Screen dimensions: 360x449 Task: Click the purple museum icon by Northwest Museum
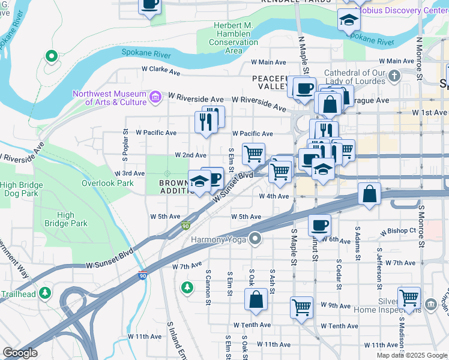click(155, 97)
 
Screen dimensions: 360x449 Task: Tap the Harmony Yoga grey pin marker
click(255, 239)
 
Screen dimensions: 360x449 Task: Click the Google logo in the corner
click(20, 353)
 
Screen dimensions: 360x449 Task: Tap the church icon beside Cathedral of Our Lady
click(394, 76)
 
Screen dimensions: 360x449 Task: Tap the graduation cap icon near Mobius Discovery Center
click(348, 20)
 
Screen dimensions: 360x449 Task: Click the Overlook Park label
click(107, 183)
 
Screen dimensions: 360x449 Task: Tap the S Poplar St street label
click(126, 144)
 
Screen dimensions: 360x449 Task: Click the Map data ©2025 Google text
click(412, 355)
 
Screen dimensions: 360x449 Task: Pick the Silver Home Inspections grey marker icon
click(430, 305)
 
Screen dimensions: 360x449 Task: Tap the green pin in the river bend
click(51, 58)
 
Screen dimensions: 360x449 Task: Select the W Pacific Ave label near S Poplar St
click(156, 133)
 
